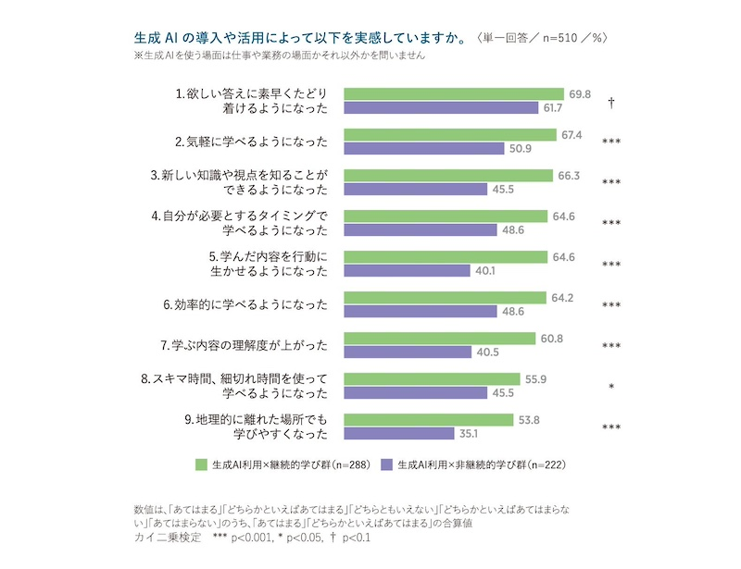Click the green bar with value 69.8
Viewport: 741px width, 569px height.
pyautogui.click(x=454, y=93)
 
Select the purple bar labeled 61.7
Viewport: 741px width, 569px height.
pyautogui.click(x=441, y=108)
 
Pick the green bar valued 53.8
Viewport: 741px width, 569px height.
pyautogui.click(x=429, y=419)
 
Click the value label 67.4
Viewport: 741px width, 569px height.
pyautogui.click(x=571, y=134)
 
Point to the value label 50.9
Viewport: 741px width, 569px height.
pyautogui.click(x=519, y=149)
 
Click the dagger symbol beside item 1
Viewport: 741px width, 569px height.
pyautogui.click(x=611, y=102)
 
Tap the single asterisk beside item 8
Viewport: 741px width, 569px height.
pyautogui.click(x=611, y=386)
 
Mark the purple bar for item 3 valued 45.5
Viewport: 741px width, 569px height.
pyautogui.click(x=416, y=190)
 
